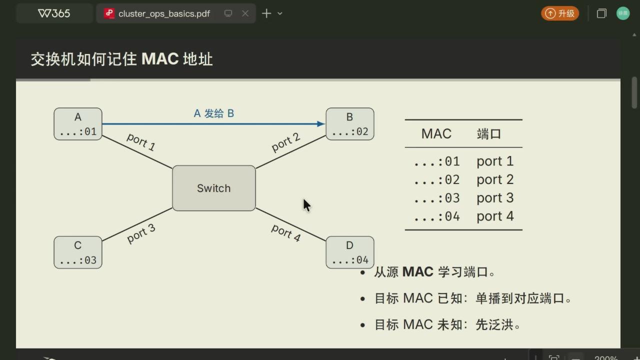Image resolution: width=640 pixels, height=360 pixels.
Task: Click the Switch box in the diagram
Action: click(213, 188)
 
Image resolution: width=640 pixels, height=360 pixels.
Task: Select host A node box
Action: click(78, 124)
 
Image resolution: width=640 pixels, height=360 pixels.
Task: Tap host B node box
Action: click(349, 124)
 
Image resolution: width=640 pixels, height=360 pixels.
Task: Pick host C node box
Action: click(78, 252)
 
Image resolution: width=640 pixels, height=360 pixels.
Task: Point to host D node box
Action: click(349, 252)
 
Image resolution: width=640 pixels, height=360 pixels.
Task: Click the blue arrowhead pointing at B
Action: click(321, 123)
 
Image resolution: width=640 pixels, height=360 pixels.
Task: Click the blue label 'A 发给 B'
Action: click(214, 113)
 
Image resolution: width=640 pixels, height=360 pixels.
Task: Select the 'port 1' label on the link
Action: click(141, 141)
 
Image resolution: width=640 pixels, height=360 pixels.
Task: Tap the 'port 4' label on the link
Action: click(285, 233)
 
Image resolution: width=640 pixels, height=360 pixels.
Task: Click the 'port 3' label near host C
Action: click(141, 233)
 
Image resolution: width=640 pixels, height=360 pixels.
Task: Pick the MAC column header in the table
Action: click(436, 133)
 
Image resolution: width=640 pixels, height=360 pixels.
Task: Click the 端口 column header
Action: click(489, 133)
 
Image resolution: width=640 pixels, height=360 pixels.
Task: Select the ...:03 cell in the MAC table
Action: click(437, 198)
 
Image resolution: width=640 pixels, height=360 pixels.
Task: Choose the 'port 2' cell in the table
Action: click(495, 179)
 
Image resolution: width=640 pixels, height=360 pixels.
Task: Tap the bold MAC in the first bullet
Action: click(417, 271)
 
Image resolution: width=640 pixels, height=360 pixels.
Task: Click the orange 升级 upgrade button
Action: click(559, 13)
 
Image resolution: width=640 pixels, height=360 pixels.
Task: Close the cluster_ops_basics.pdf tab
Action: click(245, 13)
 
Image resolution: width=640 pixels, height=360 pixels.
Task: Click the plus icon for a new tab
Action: click(266, 13)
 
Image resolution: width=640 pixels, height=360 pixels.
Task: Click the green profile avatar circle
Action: click(623, 13)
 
